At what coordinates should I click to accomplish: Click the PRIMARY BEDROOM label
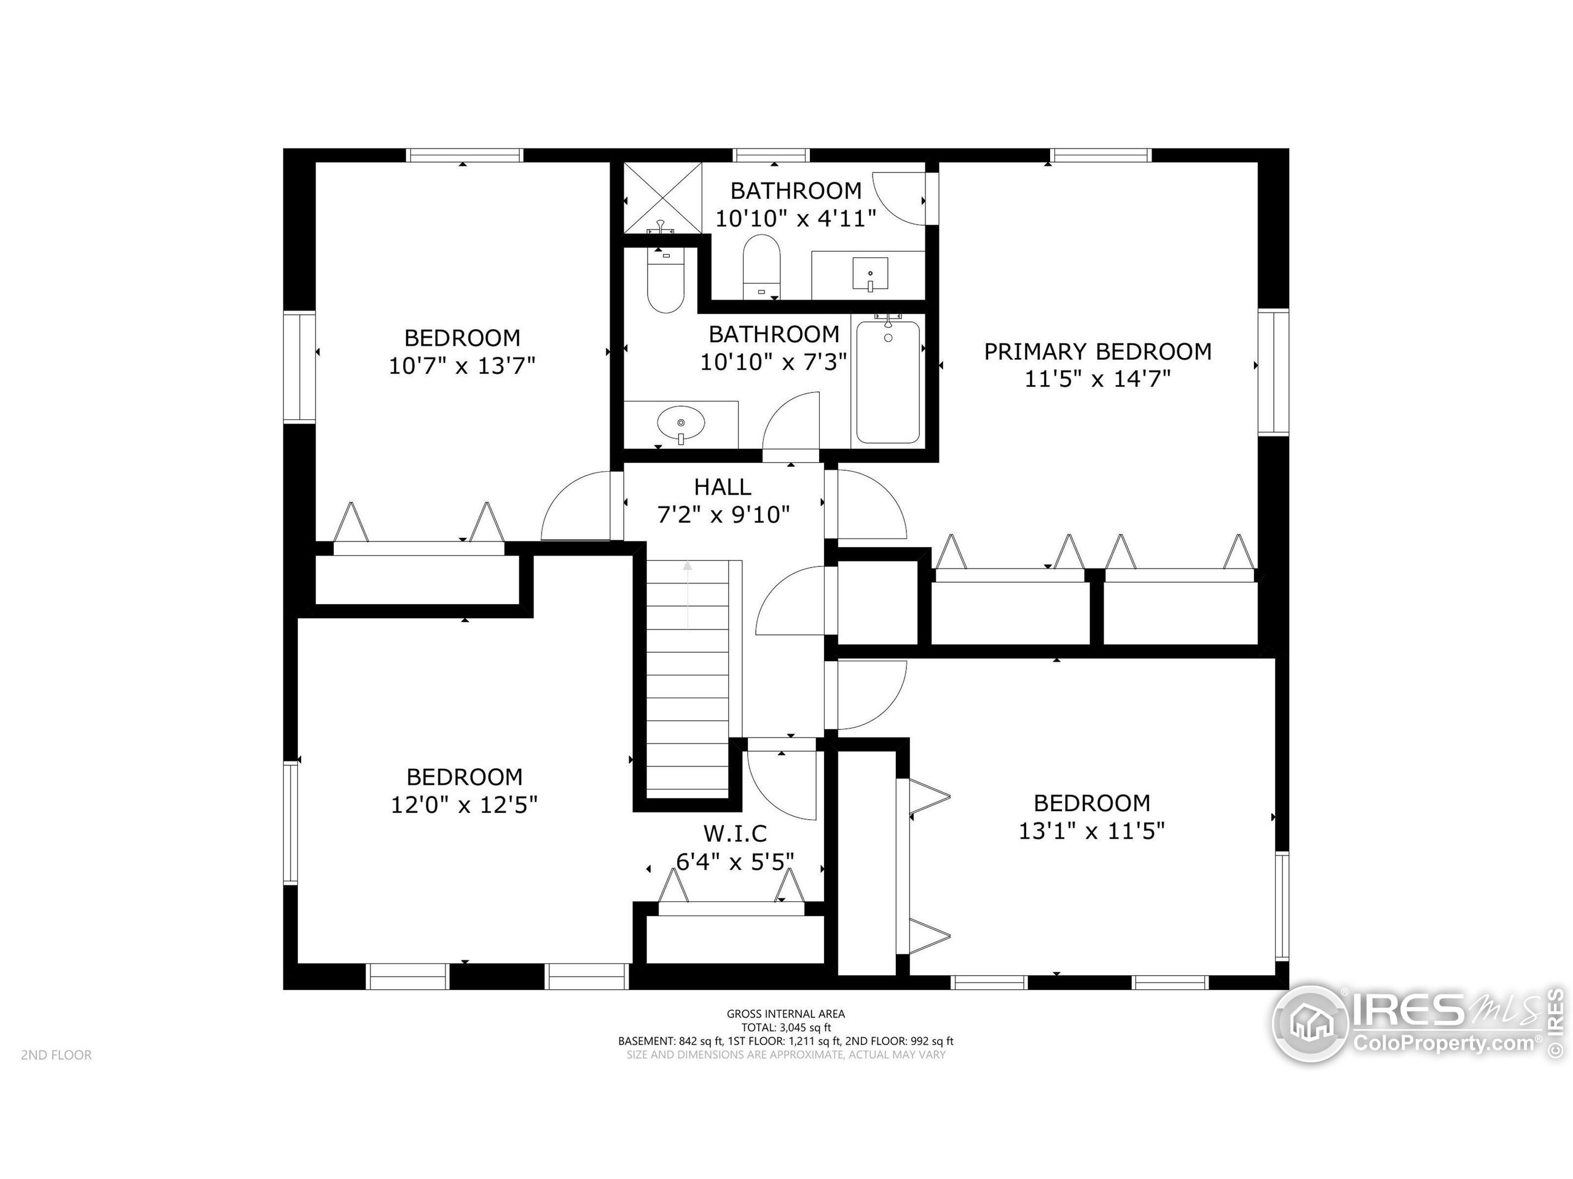[x=1097, y=352]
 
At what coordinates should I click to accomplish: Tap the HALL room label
[x=723, y=488]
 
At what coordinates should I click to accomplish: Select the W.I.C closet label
[x=736, y=833]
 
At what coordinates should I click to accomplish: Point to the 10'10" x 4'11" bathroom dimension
[x=795, y=219]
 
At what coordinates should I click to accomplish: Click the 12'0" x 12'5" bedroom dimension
[x=464, y=805]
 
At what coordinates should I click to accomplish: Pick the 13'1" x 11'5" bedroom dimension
[x=1091, y=831]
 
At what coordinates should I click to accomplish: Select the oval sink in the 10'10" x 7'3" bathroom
[x=681, y=424]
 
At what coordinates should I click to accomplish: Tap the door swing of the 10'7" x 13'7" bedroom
[x=575, y=506]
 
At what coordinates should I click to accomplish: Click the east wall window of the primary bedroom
[x=1273, y=372]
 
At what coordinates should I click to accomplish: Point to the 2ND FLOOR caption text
[x=56, y=1056]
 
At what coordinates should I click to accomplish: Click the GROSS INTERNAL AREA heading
[x=786, y=1014]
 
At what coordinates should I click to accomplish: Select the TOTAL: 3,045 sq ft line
[x=786, y=1027]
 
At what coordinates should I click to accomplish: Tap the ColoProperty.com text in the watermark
[x=1443, y=1043]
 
